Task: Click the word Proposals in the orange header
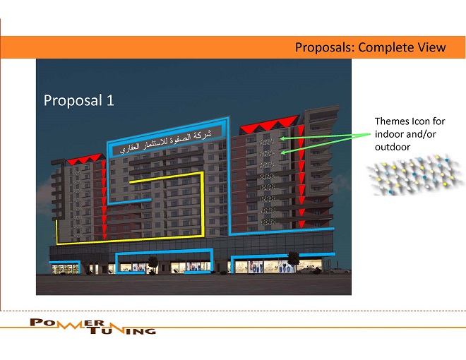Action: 325,47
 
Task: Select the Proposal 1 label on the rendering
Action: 79,100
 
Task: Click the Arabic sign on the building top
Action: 167,141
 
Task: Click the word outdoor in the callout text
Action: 393,147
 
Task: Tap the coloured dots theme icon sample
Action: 414,175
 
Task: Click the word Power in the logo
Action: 67,323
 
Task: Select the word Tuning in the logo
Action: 122,330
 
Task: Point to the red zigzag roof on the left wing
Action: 85,159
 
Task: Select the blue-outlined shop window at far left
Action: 65,268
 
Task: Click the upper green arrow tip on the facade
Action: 282,138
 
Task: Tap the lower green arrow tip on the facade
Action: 282,152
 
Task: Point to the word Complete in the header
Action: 386,47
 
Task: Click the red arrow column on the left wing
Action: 104,200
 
